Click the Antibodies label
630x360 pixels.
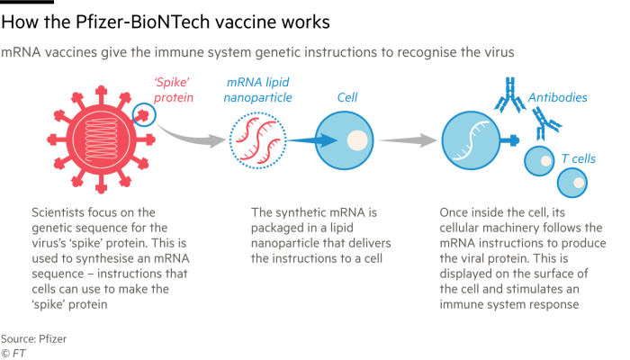coord(558,96)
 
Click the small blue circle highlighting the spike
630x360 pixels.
coord(142,114)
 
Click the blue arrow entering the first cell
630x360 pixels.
coord(314,140)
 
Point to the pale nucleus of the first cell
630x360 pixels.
coord(357,140)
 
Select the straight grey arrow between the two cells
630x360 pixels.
coord(406,140)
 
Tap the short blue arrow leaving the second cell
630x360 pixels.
coord(511,140)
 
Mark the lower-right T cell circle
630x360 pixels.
coord(572,183)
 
